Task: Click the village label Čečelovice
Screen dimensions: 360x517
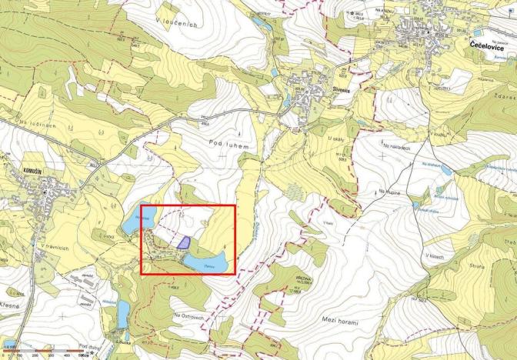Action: (487, 46)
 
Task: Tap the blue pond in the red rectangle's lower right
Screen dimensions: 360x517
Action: (209, 264)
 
